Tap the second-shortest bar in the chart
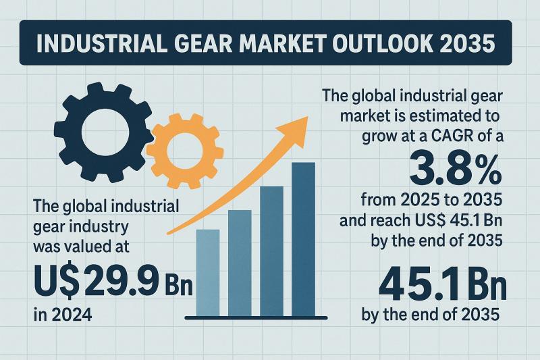(x=240, y=263)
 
